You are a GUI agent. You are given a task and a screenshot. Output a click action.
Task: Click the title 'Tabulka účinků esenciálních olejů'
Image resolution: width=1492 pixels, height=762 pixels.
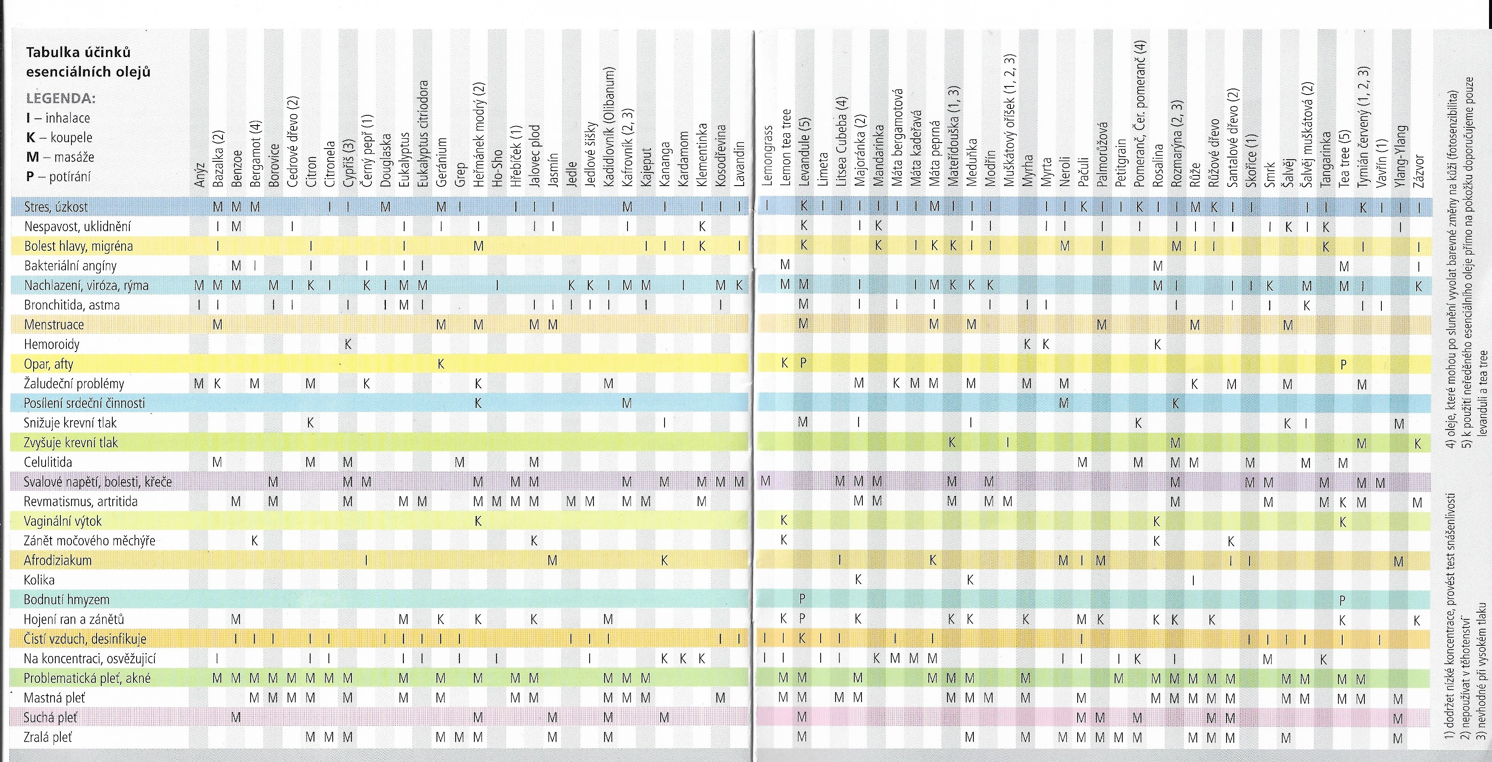pyautogui.click(x=88, y=62)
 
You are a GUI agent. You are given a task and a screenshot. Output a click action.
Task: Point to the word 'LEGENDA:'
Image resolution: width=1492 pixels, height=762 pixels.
pyautogui.click(x=61, y=98)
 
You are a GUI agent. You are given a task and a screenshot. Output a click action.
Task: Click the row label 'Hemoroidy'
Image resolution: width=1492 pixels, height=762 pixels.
pyautogui.click(x=51, y=344)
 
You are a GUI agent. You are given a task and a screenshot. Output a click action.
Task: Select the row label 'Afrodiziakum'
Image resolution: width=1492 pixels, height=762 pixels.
pyautogui.click(x=57, y=560)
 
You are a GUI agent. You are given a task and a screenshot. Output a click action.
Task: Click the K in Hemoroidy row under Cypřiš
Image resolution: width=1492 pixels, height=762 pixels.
pyautogui.click(x=348, y=344)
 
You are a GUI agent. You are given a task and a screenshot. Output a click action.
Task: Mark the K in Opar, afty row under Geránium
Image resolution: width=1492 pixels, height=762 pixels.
pyautogui.click(x=441, y=364)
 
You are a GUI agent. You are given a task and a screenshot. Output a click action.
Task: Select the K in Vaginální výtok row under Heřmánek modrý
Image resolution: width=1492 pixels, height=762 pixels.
pyautogui.click(x=478, y=521)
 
